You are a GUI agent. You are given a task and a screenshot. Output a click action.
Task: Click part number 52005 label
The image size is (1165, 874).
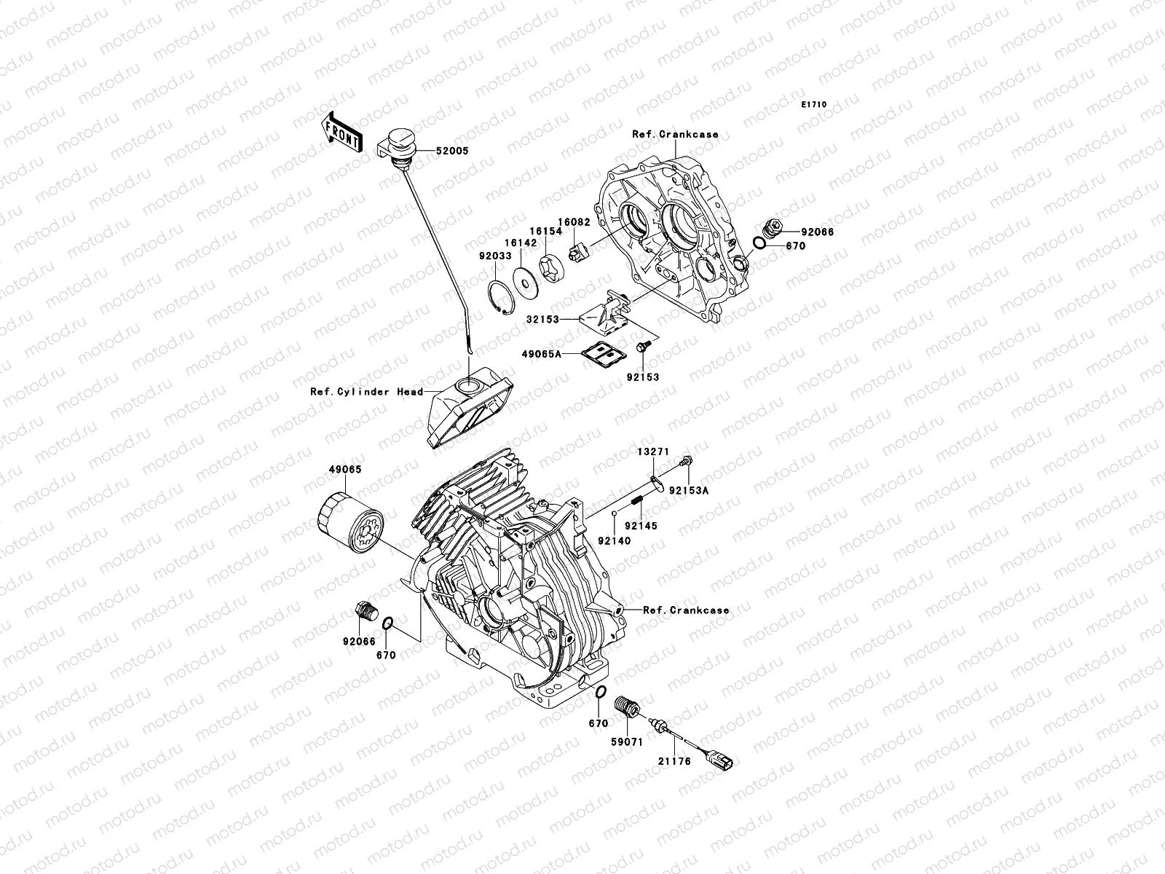452,151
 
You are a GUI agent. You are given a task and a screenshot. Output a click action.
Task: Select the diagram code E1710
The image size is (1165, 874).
814,105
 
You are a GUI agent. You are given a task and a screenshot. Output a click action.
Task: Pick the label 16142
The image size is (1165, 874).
521,243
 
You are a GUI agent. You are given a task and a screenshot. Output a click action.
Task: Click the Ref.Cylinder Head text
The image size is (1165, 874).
366,392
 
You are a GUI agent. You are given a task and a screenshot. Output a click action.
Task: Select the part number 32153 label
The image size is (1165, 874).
545,319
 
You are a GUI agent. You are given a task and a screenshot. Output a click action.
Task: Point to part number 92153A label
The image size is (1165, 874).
689,491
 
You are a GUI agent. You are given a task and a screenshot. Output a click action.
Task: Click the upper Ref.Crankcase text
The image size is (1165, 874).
685,134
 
